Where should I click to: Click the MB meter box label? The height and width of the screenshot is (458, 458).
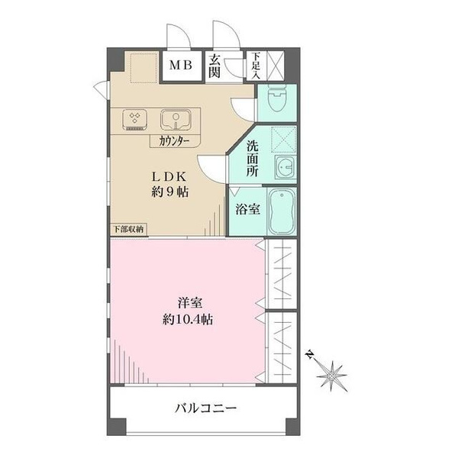click(181, 65)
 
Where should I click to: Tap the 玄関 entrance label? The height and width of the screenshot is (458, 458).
click(214, 66)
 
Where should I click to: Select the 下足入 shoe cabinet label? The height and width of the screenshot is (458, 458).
click(256, 66)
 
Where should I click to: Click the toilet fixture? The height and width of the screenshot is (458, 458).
click(277, 98)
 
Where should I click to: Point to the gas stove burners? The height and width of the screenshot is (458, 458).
click(134, 120)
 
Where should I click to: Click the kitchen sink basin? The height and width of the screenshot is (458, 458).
click(176, 120)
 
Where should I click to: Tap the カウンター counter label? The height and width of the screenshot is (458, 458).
click(174, 141)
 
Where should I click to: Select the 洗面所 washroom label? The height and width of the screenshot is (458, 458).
click(253, 159)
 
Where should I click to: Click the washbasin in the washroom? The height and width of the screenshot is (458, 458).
click(285, 166)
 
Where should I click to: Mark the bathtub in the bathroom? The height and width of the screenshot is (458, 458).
click(282, 211)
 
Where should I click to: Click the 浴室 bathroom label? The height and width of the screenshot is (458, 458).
click(247, 209)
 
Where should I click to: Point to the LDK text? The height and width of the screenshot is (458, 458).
click(169, 177)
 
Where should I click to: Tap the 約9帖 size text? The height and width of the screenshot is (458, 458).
click(169, 192)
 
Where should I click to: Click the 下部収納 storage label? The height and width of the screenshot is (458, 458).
click(128, 229)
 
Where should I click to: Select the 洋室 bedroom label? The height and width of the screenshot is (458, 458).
click(190, 303)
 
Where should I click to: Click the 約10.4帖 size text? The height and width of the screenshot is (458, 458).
click(188, 320)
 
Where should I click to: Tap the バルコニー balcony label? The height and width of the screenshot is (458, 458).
click(205, 408)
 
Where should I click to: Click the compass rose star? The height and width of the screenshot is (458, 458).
click(331, 376)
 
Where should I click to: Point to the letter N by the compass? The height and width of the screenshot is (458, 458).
click(309, 354)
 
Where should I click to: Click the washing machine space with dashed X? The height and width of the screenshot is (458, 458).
click(284, 140)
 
